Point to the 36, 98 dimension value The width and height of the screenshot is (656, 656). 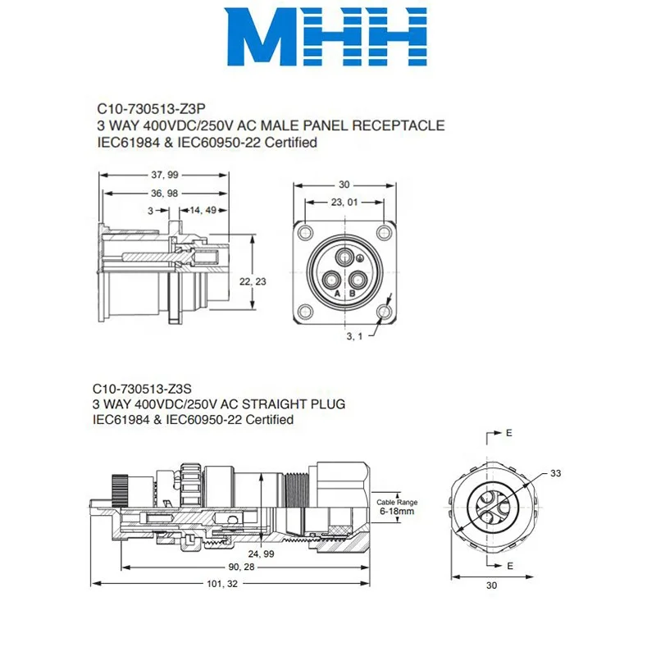(164, 193)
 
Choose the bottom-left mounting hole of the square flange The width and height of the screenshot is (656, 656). (305, 312)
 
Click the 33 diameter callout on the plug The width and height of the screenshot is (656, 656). (555, 472)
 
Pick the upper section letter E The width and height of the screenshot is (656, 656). (508, 432)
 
